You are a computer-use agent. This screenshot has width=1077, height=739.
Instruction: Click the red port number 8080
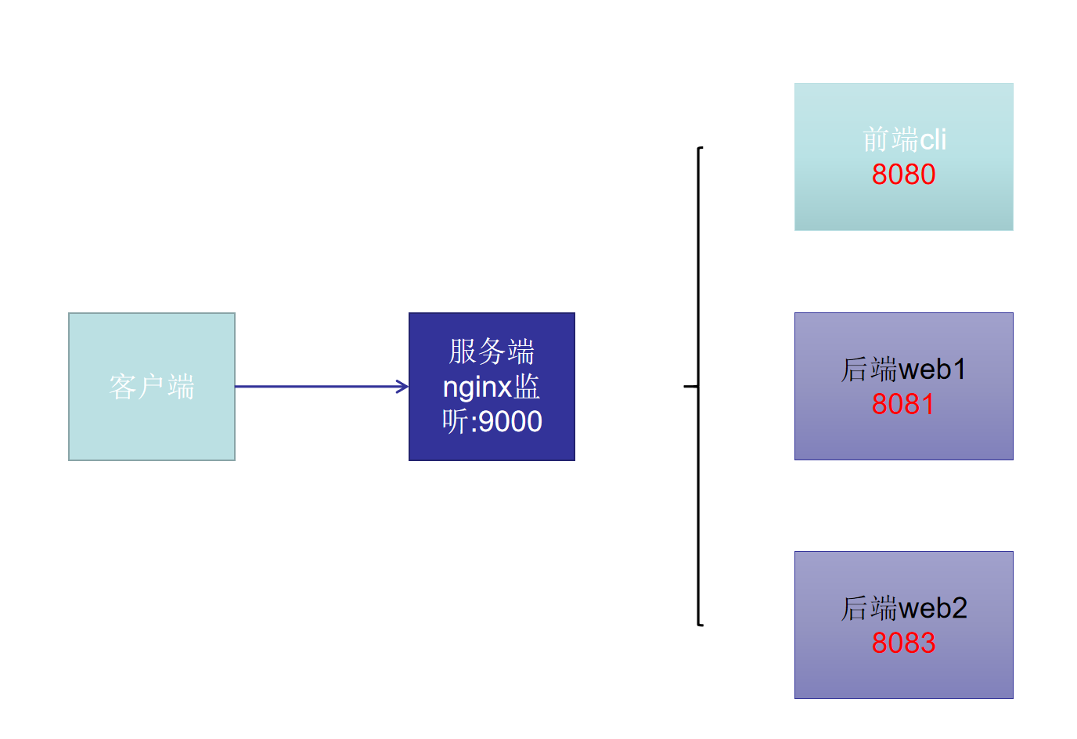pos(903,174)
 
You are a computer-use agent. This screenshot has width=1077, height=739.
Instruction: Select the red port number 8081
pos(902,404)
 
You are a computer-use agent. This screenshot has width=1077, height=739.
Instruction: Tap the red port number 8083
pos(903,643)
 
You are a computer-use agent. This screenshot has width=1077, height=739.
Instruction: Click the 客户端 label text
pos(152,387)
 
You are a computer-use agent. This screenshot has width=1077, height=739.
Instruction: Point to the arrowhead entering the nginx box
pos(403,387)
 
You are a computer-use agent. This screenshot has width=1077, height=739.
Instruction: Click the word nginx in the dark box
pos(477,388)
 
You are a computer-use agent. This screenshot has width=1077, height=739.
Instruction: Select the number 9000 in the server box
pos(510,422)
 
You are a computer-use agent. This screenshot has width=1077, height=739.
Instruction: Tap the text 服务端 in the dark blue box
pos(492,351)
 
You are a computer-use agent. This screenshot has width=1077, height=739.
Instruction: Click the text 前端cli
pos(904,139)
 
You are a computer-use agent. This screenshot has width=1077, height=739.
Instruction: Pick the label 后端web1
pos(903,369)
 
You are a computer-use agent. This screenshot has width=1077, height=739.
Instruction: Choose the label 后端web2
pos(904,608)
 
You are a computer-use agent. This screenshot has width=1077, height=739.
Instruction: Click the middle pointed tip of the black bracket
pos(685,386)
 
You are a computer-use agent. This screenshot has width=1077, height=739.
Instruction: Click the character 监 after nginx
pos(527,387)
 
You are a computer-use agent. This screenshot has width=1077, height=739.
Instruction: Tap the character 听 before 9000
pos(456,421)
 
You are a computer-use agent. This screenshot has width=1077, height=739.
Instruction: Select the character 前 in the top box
pos(876,139)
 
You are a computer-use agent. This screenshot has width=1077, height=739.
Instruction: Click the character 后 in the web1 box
pos(855,369)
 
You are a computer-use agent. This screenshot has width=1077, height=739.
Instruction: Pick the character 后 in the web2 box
pos(855,608)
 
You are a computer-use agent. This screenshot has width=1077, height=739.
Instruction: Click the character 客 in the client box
pos(123,387)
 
